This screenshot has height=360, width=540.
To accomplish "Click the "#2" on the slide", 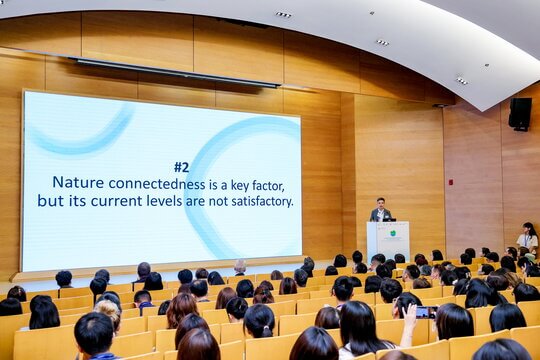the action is [x=181, y=167].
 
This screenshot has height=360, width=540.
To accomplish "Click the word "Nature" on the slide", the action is [x=78, y=182].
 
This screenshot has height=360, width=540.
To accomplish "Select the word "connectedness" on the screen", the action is [x=157, y=184].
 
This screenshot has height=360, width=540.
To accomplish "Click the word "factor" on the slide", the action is [x=268, y=186].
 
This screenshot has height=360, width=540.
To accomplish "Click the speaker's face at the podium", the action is [x=380, y=204].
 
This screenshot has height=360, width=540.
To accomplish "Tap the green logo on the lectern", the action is [x=393, y=234].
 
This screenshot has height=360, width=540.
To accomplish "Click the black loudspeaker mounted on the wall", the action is [x=520, y=114].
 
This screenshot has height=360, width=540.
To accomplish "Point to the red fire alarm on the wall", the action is [x=450, y=182].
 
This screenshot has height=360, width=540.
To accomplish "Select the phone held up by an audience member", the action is [x=426, y=312].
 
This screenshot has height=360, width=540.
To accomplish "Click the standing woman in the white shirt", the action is [x=528, y=238].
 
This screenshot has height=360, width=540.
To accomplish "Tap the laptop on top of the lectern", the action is [x=389, y=219].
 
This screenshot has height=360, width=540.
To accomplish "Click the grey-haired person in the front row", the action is [x=240, y=267].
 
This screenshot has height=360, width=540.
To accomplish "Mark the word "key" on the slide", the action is [x=240, y=186].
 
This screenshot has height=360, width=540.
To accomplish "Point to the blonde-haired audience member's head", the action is [x=108, y=311].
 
